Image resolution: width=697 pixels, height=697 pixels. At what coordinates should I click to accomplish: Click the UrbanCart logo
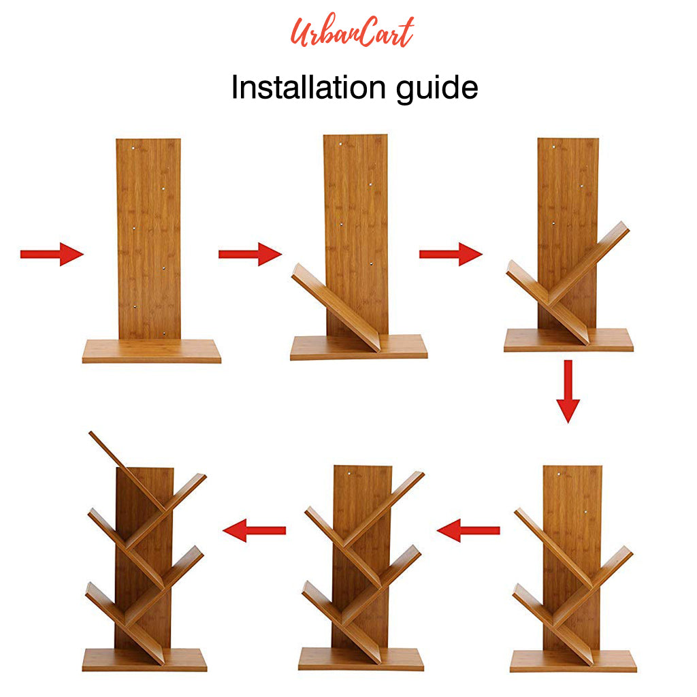[352, 31]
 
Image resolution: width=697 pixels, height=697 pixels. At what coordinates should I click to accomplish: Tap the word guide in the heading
[437, 88]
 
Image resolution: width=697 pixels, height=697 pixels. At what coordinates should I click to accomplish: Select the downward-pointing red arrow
[568, 391]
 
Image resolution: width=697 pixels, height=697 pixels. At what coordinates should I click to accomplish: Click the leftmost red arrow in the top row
[52, 255]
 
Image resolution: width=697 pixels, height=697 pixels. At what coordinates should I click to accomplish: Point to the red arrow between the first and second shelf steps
[250, 255]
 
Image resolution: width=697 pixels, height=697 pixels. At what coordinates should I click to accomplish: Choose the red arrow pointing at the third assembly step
[451, 255]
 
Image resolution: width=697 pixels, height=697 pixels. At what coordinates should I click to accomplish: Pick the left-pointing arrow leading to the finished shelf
[255, 530]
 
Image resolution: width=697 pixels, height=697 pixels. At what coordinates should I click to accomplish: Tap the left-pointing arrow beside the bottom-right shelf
[468, 530]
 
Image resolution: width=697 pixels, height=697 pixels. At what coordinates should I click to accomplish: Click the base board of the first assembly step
[152, 351]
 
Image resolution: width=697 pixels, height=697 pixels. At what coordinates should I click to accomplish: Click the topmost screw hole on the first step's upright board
[133, 148]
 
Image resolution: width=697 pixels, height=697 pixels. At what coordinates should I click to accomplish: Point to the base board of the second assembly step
[359, 347]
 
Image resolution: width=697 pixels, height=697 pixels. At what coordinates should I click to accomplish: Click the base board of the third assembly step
[568, 340]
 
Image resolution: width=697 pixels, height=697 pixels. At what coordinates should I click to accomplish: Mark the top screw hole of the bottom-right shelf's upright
[559, 474]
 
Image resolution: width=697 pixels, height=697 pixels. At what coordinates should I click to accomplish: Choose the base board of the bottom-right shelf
[573, 661]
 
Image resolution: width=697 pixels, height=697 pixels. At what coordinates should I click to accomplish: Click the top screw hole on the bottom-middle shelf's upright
[349, 474]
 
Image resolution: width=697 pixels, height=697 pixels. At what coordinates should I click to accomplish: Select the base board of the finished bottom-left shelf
[144, 660]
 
